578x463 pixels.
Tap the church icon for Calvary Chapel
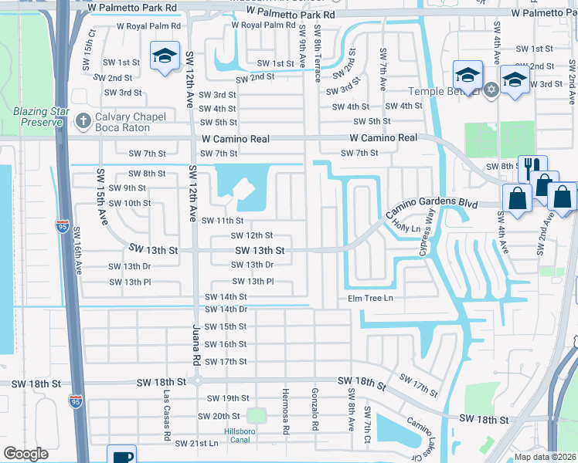[x=83, y=120]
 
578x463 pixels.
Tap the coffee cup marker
[x=121, y=455]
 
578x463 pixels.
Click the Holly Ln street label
[x=406, y=228]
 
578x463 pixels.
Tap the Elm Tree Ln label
[x=370, y=298]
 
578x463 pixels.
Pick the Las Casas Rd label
[x=167, y=416]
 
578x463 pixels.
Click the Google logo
[x=25, y=453]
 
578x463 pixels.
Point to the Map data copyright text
[x=544, y=457]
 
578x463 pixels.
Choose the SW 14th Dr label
[x=226, y=309]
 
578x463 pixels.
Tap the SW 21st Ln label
[x=196, y=443]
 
